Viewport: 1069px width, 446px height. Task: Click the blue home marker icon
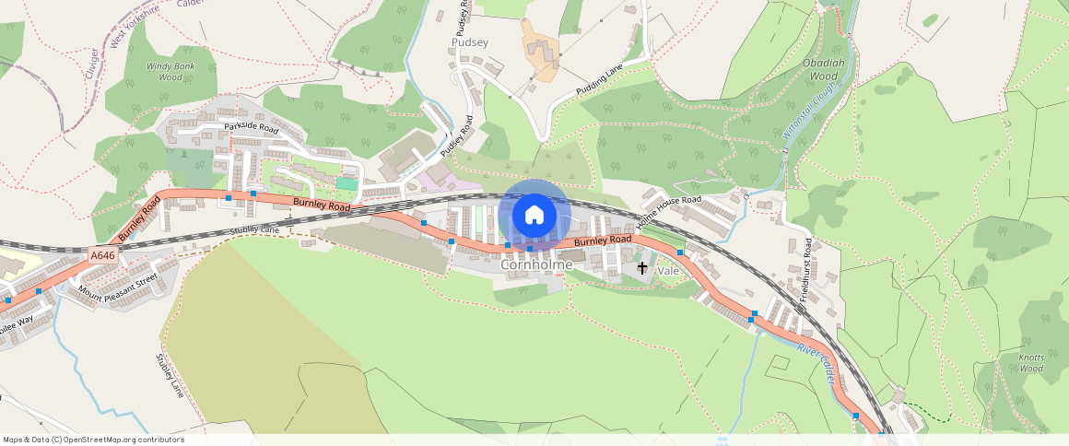pos(534,216)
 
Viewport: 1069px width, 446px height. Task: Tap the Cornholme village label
pos(536,265)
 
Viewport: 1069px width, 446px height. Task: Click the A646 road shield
pos(104,255)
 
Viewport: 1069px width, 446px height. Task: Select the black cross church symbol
pos(642,268)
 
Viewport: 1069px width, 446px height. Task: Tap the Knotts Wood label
pos(1031,362)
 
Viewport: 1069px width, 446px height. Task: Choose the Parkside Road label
pos(249,128)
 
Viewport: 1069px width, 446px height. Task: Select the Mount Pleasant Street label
pos(118,285)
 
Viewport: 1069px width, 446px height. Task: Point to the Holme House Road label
pos(668,212)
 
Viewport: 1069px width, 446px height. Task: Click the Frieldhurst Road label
pos(806,266)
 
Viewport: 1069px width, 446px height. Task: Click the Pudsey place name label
pos(470,42)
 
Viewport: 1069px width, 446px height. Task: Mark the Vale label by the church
pos(668,271)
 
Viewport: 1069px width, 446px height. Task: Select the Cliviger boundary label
pos(92,64)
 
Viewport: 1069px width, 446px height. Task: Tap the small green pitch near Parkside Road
pos(347,184)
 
